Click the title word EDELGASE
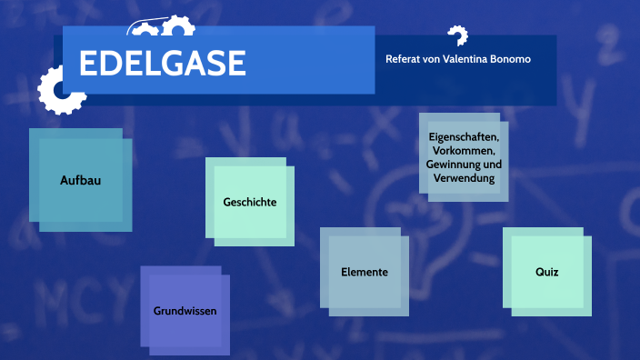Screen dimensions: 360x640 coord(163,64)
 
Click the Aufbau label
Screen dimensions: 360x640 coord(80,180)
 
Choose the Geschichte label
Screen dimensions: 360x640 coord(250,202)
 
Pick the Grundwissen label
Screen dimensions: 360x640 coord(185,310)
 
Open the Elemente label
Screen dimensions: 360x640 coord(365,272)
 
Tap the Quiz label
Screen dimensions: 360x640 coord(546,272)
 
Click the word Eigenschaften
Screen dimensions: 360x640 coord(464,137)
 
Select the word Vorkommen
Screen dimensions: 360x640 coord(464,151)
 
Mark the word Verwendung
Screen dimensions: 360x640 coord(464,178)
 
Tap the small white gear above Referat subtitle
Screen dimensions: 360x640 coord(457,35)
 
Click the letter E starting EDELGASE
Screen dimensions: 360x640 coord(89,64)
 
